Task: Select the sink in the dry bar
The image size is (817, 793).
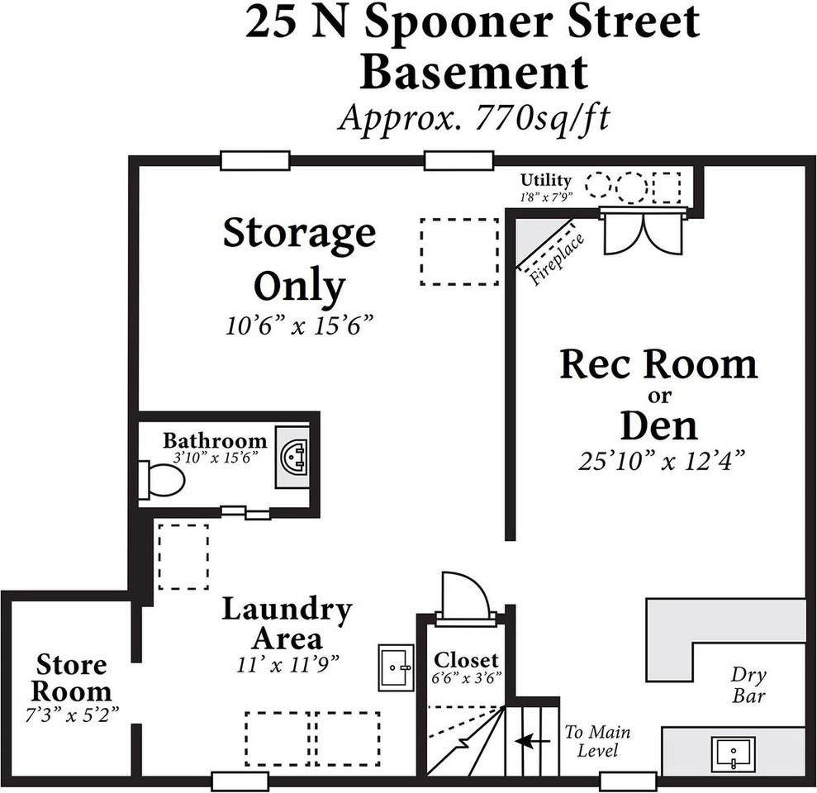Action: pyautogui.click(x=732, y=754)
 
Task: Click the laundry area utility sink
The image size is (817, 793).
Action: pyautogui.click(x=395, y=667)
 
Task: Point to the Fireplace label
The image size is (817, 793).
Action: pyautogui.click(x=558, y=259)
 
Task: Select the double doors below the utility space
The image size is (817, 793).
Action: pyautogui.click(x=642, y=232)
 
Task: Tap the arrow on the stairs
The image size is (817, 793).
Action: pyautogui.click(x=532, y=742)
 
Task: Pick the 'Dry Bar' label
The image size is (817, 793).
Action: pyautogui.click(x=748, y=685)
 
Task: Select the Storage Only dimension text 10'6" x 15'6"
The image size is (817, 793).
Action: pyautogui.click(x=300, y=325)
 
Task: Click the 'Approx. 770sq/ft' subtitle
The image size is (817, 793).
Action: pyautogui.click(x=473, y=117)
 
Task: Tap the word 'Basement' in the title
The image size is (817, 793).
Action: pyautogui.click(x=474, y=73)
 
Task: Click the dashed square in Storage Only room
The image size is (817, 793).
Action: pyautogui.click(x=459, y=251)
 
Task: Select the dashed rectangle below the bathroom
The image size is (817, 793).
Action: pyautogui.click(x=183, y=555)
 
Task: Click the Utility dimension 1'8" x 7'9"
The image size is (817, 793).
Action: pyautogui.click(x=545, y=197)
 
